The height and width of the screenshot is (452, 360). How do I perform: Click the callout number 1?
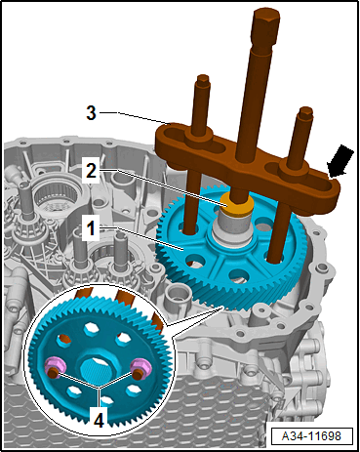pyautogui.click(x=91, y=228)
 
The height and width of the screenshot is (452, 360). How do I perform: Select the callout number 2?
pyautogui.click(x=91, y=170)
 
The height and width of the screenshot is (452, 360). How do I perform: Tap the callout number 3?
pyautogui.click(x=91, y=113)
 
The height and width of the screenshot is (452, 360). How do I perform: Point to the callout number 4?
pyautogui.click(x=99, y=420)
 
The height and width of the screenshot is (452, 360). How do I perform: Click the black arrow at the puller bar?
pyautogui.click(x=340, y=161)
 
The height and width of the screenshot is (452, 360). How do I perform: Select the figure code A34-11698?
pyautogui.click(x=311, y=435)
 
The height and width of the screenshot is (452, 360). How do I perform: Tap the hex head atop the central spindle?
pyautogui.click(x=266, y=21)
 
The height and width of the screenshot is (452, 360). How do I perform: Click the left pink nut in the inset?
pyautogui.click(x=55, y=366)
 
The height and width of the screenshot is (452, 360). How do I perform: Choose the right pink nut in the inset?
pyautogui.click(x=140, y=367)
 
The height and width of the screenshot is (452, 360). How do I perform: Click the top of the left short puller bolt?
pyautogui.click(x=203, y=80)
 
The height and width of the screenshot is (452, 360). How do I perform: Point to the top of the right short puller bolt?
pyautogui.click(x=306, y=111)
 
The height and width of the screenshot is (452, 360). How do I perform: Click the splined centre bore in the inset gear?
pyautogui.click(x=97, y=371)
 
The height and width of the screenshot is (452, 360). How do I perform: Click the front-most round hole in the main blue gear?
pyautogui.click(x=239, y=275)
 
